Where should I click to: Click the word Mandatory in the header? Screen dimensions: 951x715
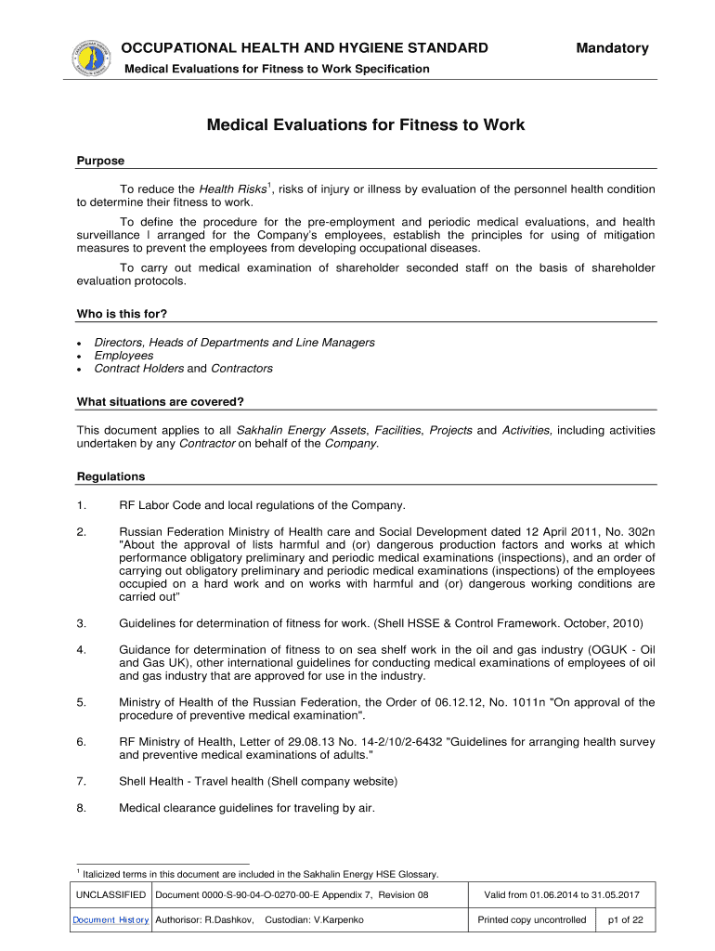[x=612, y=48]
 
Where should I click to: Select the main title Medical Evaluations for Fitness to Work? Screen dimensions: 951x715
[x=366, y=124]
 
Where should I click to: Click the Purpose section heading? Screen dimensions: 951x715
[x=99, y=161]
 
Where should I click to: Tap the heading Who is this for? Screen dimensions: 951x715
[x=121, y=314]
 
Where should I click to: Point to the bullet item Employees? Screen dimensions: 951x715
[x=123, y=356]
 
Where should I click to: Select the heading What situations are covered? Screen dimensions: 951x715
[x=160, y=402]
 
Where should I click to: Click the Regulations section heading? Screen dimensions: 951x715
[x=110, y=476]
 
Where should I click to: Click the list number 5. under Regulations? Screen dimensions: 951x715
[x=82, y=702]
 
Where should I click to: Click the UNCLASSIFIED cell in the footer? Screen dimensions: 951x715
[x=110, y=895]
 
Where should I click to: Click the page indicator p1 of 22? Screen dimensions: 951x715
[x=624, y=919]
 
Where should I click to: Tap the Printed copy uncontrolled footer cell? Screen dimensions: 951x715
[x=531, y=919]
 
